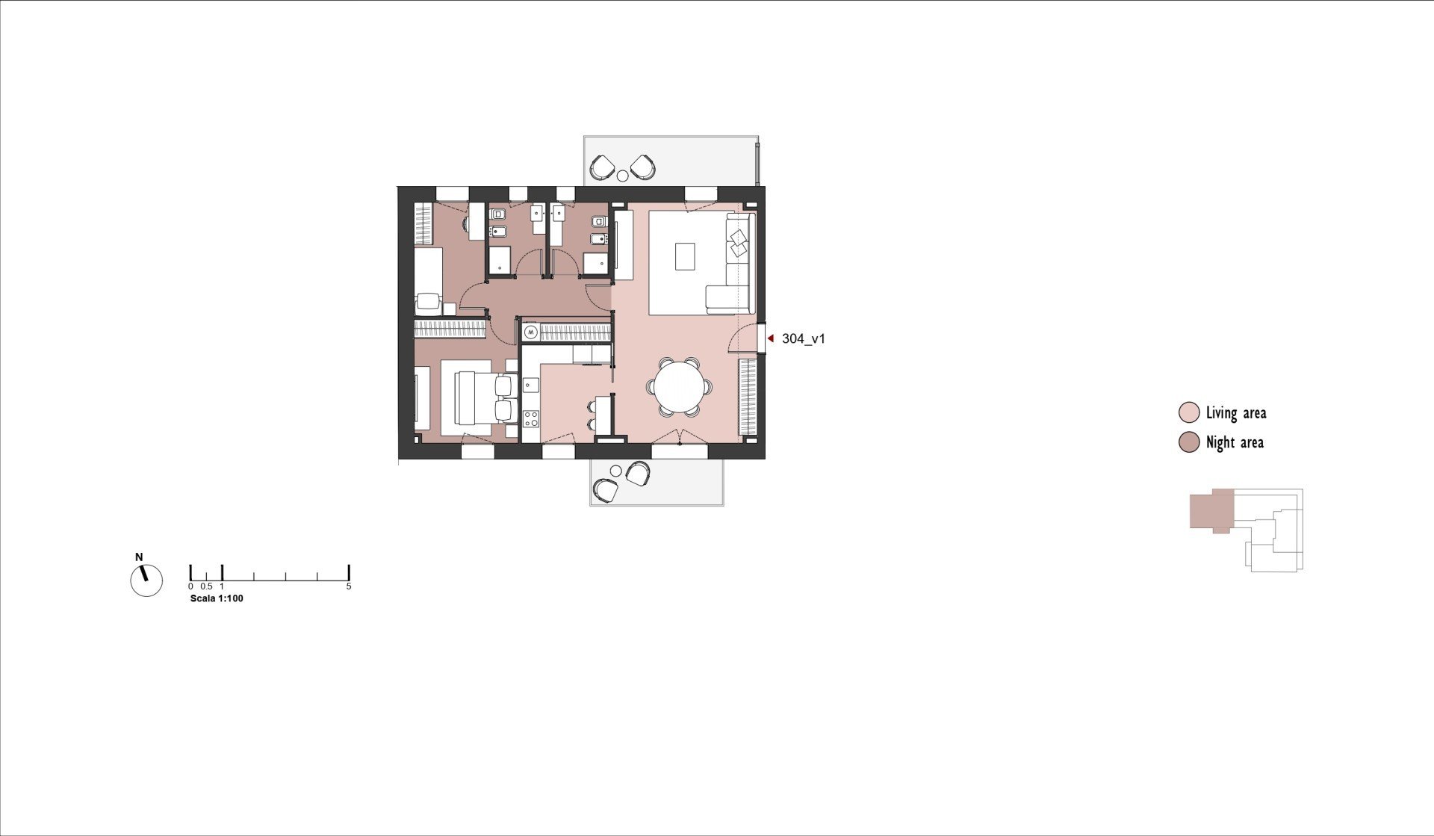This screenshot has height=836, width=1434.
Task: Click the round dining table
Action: [x=680, y=387]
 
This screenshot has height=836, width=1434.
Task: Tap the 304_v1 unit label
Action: [x=804, y=338]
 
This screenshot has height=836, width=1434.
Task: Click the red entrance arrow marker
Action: [x=771, y=338]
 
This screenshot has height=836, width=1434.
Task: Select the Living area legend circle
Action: [x=1188, y=412]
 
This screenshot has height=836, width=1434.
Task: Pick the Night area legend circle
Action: [x=1188, y=442]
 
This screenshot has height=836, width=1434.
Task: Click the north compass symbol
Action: [x=146, y=580]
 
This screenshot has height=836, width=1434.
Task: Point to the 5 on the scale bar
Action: [x=349, y=586]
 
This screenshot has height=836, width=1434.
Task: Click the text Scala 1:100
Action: [x=217, y=598]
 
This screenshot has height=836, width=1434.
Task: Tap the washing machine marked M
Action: [x=530, y=331]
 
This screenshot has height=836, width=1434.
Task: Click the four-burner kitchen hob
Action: [x=531, y=418]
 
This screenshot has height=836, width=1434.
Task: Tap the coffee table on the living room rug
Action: [x=685, y=256]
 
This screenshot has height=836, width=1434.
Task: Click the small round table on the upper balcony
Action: [x=622, y=176]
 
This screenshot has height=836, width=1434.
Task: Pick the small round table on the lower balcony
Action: [x=616, y=471]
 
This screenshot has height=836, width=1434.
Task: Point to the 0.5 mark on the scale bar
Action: [x=206, y=586]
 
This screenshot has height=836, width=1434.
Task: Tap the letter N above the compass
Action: [x=139, y=557]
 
